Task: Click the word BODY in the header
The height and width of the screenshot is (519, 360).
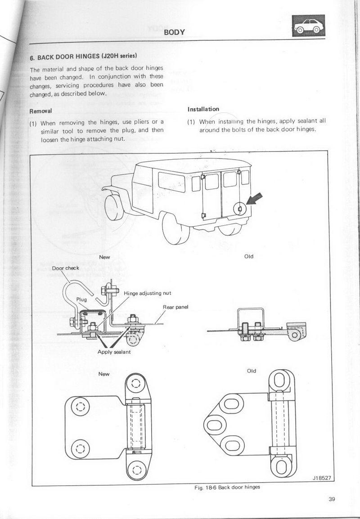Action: click(x=175, y=31)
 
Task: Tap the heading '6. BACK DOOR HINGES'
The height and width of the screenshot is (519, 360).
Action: click(x=83, y=57)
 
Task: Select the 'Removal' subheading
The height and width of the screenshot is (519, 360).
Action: click(x=41, y=111)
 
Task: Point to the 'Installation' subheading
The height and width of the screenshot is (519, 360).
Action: click(x=203, y=109)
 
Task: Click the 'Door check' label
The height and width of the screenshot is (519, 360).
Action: click(x=66, y=268)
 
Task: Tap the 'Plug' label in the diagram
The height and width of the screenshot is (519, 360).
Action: click(x=81, y=299)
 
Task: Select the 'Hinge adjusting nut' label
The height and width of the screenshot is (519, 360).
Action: click(x=147, y=293)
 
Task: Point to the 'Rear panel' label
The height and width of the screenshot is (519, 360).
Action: click(x=175, y=307)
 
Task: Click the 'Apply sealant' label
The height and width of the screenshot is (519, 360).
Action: click(x=114, y=352)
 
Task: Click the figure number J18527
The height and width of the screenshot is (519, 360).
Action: click(x=322, y=479)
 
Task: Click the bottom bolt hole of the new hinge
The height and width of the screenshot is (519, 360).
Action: click(x=137, y=470)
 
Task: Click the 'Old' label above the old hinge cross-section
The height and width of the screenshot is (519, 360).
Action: click(x=248, y=256)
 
